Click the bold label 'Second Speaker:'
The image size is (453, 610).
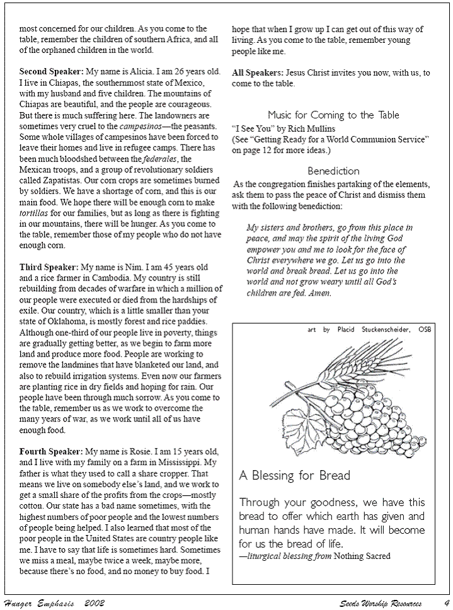click(x=51, y=71)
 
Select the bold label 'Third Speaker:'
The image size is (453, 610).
click(x=49, y=267)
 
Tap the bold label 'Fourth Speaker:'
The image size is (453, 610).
click(x=51, y=451)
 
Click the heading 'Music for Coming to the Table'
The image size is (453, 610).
click(x=333, y=115)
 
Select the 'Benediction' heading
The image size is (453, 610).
click(x=333, y=171)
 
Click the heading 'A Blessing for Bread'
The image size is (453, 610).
click(x=294, y=475)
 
